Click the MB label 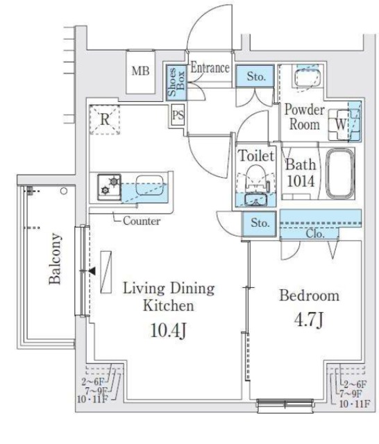pyautogui.click(x=140, y=71)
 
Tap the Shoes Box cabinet pyautogui.click(x=176, y=82)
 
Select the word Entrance pyautogui.click(x=210, y=68)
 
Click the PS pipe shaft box pyautogui.click(x=178, y=115)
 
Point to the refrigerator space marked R pyautogui.click(x=105, y=119)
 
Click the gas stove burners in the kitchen pyautogui.click(x=110, y=187)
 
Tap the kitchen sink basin pyautogui.click(x=150, y=185)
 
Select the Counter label pyautogui.click(x=142, y=221)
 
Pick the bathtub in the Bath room pyautogui.click(x=340, y=173)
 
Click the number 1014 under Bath pyautogui.click(x=301, y=181)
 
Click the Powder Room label pyautogui.click(x=305, y=117)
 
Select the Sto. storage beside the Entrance pyautogui.click(x=255, y=76)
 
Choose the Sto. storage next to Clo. pyautogui.click(x=260, y=223)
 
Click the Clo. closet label pyautogui.click(x=315, y=234)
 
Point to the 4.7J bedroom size pyautogui.click(x=309, y=320)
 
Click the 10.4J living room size pyautogui.click(x=168, y=330)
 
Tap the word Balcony pyautogui.click(x=55, y=259)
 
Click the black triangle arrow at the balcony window pyautogui.click(x=92, y=271)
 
